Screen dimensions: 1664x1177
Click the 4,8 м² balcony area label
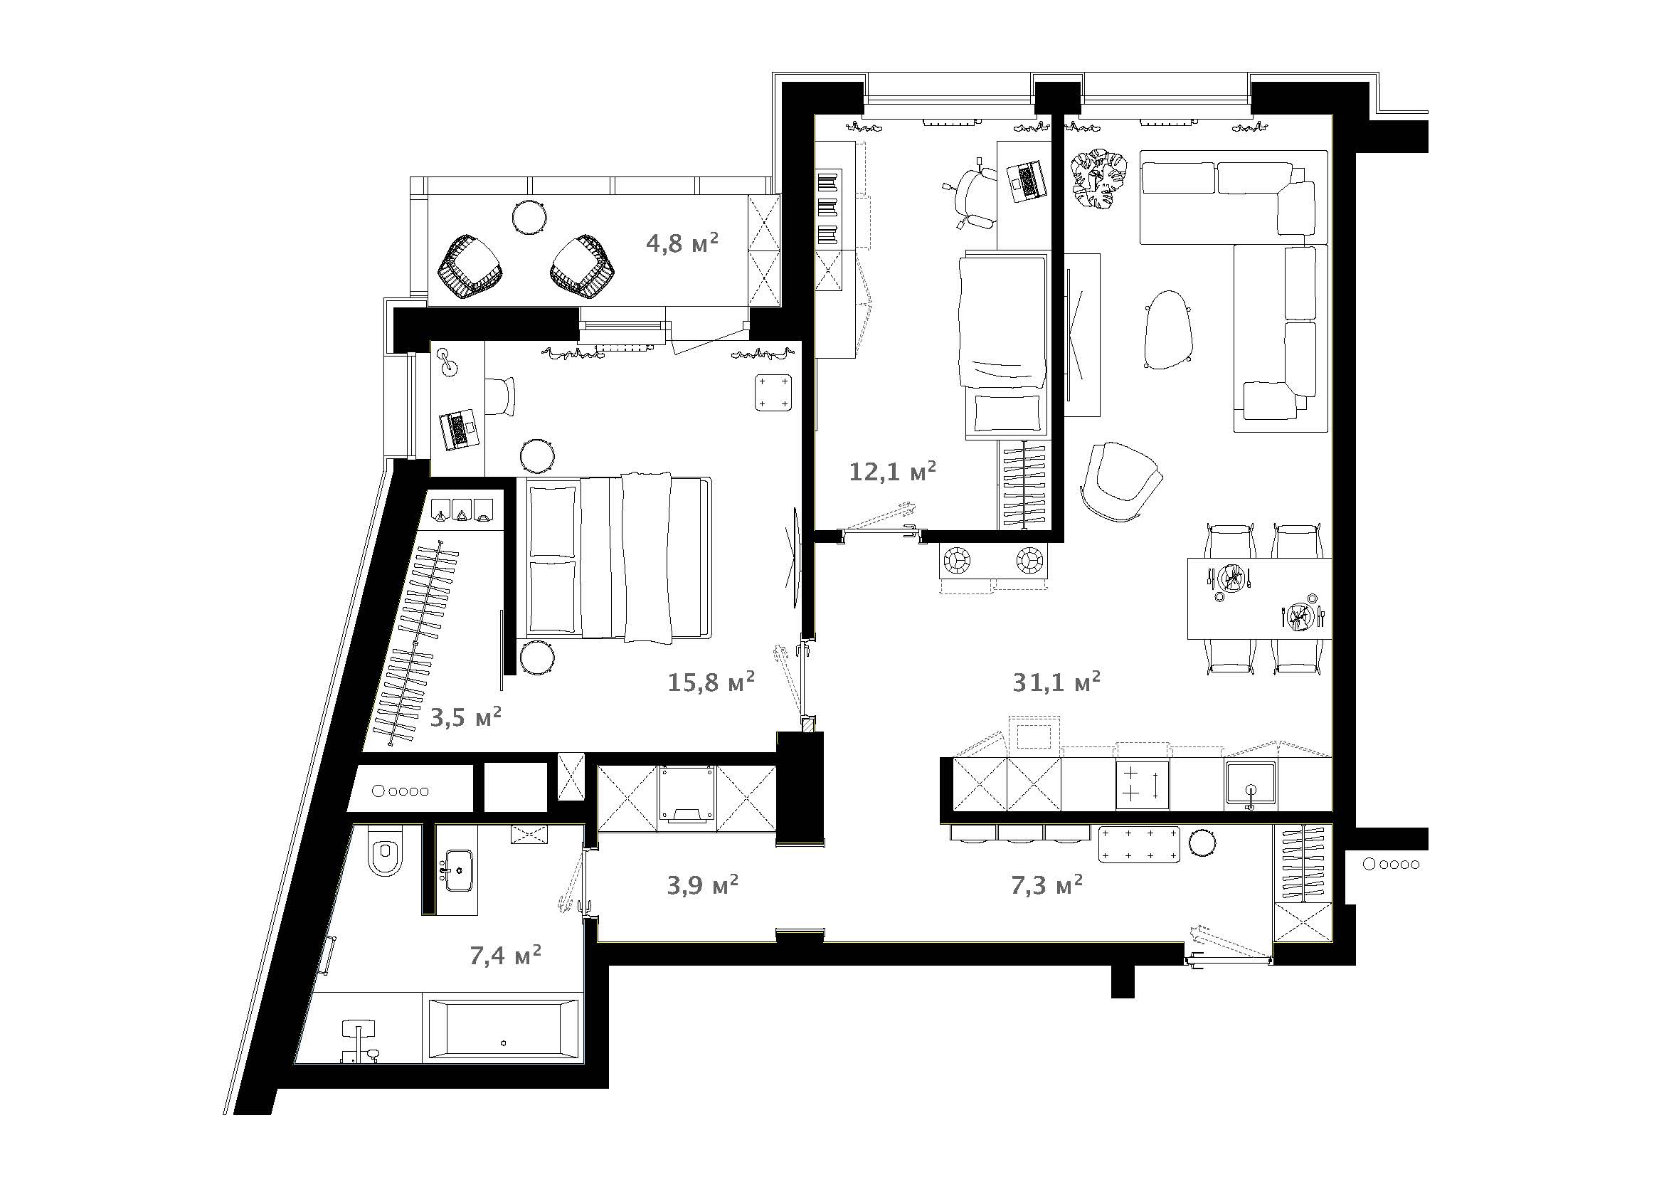(x=682, y=243)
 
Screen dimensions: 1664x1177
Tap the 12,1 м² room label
(x=892, y=471)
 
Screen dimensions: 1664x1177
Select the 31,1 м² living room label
(x=1056, y=681)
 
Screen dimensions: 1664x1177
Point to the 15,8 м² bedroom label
(x=711, y=681)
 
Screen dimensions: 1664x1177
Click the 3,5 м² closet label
(x=466, y=717)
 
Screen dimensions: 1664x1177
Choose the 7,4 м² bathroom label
(x=505, y=955)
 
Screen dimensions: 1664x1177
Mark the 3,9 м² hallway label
(x=702, y=885)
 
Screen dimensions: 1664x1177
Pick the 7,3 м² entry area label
(x=1046, y=885)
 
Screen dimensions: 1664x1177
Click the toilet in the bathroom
(x=384, y=851)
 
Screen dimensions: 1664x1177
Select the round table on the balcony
(x=530, y=216)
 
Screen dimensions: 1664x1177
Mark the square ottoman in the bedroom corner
(x=773, y=392)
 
